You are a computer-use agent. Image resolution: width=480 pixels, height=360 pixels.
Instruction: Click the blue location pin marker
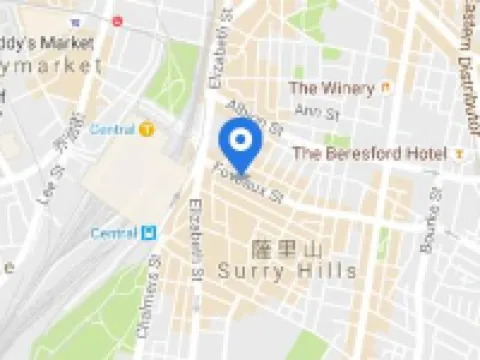click(239, 144)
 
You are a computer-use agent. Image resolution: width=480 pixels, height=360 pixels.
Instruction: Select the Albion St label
click(255, 118)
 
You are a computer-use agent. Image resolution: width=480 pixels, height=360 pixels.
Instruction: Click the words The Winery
click(331, 88)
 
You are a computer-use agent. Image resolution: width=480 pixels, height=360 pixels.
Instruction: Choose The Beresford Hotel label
click(369, 153)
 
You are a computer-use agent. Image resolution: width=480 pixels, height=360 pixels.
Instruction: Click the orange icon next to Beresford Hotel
click(458, 153)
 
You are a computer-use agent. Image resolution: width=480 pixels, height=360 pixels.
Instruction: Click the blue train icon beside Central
click(149, 233)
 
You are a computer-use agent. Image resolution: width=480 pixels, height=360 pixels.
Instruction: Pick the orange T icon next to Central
click(148, 129)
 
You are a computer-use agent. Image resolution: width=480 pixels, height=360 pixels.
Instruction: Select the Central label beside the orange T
click(112, 129)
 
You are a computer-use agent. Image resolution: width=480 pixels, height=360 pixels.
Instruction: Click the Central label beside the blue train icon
click(113, 233)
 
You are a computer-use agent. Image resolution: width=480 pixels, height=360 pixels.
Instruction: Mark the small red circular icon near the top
click(117, 20)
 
